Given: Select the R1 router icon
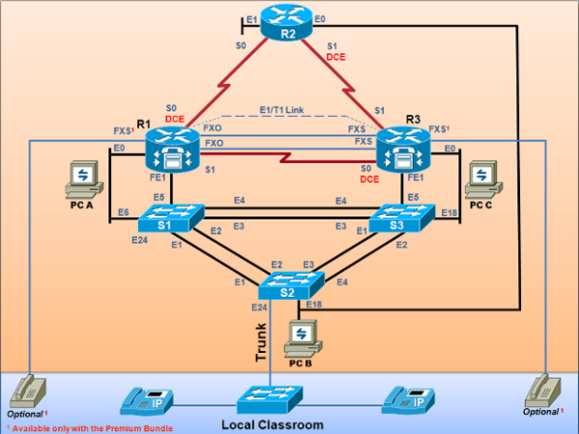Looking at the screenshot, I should pyautogui.click(x=170, y=151).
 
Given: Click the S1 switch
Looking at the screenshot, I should pyautogui.click(x=169, y=218).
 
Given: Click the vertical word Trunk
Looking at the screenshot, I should pyautogui.click(x=261, y=342).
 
